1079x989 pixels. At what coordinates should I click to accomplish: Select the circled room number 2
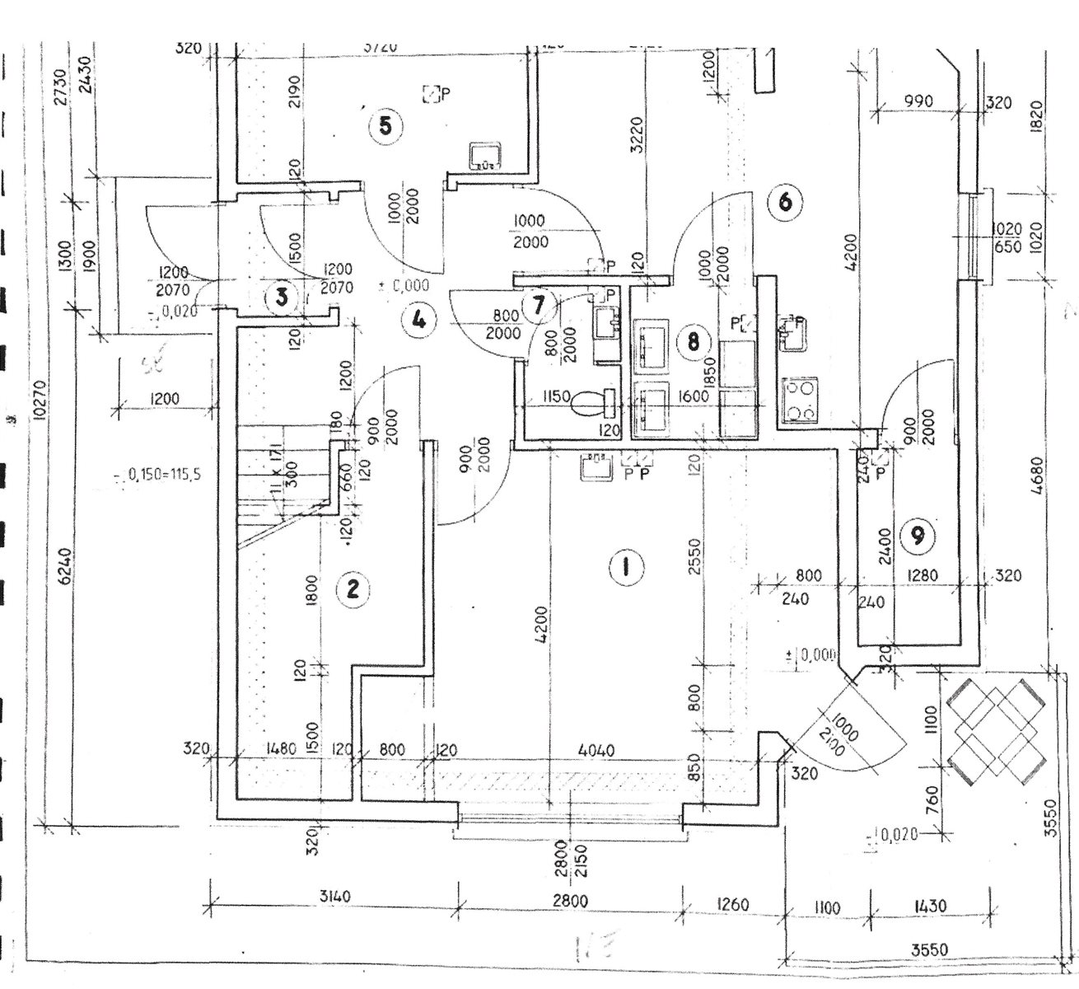353,588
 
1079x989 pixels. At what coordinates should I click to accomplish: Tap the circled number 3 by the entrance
283,298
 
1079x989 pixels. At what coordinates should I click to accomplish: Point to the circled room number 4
419,319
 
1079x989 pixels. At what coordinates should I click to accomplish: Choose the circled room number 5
385,127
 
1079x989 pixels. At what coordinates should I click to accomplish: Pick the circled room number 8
694,340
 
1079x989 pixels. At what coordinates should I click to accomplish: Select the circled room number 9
918,537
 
